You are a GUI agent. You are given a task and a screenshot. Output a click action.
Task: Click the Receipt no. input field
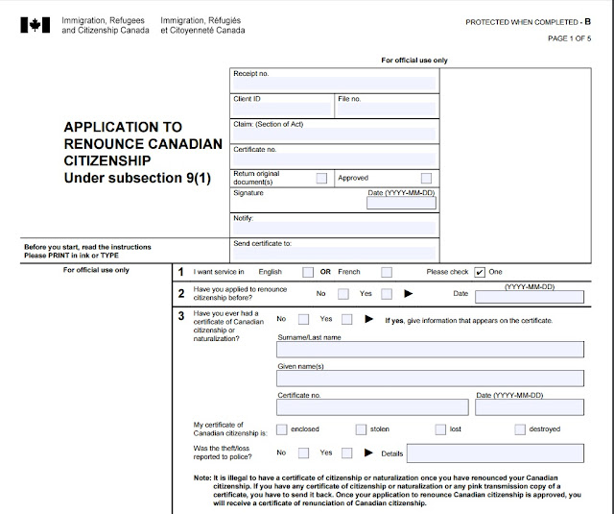(334, 81)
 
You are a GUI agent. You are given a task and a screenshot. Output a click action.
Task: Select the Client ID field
(282, 109)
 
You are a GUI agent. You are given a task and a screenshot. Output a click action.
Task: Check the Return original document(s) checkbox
(321, 178)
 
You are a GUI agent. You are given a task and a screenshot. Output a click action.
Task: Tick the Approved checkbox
(426, 178)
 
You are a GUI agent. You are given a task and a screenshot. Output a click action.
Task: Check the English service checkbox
(307, 272)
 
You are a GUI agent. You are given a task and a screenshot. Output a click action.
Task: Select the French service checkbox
(387, 272)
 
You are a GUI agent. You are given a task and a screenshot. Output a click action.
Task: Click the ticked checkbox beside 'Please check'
(479, 272)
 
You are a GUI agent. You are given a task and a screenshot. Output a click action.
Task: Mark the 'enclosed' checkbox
(282, 428)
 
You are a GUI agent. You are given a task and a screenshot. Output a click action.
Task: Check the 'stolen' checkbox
(362, 428)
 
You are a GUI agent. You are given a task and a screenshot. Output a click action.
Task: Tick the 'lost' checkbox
(440, 428)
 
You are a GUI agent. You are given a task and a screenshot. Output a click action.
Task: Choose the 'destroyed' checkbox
(520, 428)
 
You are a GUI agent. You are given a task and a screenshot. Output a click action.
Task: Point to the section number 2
(180, 294)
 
